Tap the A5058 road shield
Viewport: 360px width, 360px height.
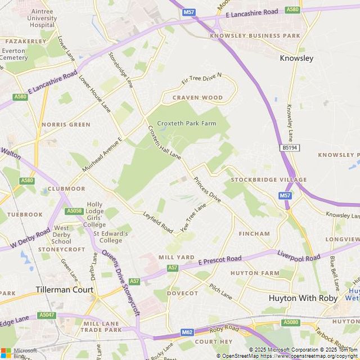click(x=74, y=211)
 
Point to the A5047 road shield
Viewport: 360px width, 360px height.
click(x=47, y=315)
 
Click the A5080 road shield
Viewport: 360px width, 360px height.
click(x=291, y=322)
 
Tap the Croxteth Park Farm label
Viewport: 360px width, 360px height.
click(x=186, y=123)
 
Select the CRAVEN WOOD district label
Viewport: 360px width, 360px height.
click(x=197, y=98)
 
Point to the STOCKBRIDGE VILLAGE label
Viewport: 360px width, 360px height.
click(x=268, y=179)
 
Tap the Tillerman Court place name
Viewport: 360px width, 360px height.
click(x=64, y=290)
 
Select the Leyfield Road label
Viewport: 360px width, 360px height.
click(x=158, y=223)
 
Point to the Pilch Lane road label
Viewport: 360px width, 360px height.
click(x=220, y=291)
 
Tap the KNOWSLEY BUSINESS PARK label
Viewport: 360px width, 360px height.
click(x=255, y=35)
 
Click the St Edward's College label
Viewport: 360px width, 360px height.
click(x=110, y=237)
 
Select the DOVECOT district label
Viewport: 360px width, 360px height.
click(x=182, y=293)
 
